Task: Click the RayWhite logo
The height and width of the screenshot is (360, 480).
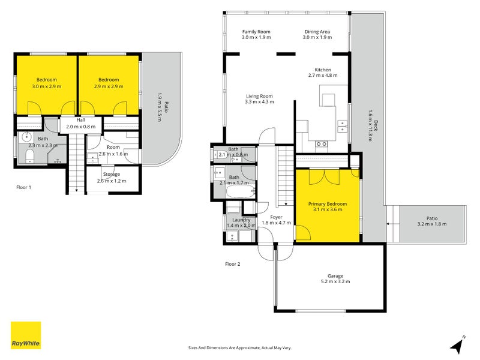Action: point(26,335)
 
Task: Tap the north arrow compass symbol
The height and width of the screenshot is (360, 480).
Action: point(458,344)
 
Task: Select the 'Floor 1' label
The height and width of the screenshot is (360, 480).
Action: point(24,187)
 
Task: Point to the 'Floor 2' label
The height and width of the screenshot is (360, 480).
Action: point(232,263)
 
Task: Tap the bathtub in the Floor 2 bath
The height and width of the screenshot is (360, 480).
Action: point(239,193)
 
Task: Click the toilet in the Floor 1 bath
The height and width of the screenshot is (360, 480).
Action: point(31,157)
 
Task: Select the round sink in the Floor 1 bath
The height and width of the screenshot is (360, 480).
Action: point(26,137)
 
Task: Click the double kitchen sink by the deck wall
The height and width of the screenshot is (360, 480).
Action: point(343,126)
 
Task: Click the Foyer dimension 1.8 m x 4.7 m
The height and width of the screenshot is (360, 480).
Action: point(276,223)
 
